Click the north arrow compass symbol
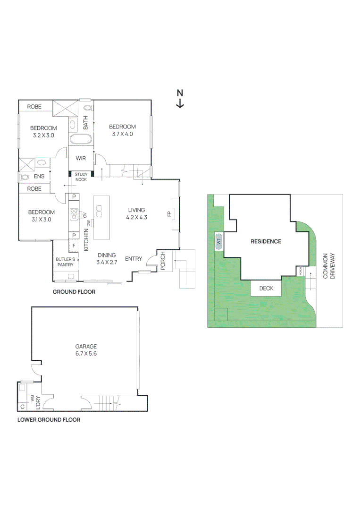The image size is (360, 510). tap(180, 99)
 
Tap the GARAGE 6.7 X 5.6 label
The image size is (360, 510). tap(85, 349)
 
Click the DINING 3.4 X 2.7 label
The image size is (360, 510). tap(107, 258)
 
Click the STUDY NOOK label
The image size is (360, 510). tap(81, 177)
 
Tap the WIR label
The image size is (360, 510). tap(80, 158)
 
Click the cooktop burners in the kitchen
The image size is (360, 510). tap(75, 214)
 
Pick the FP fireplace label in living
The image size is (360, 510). tap(169, 214)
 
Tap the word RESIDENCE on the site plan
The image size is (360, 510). tap(266, 241)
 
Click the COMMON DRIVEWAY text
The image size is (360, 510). tap(328, 266)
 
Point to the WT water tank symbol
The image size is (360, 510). tap(218, 241)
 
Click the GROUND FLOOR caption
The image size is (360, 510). tap(74, 292)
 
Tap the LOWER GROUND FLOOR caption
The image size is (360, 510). tap(49, 419)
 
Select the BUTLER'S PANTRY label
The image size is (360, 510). tap(65, 262)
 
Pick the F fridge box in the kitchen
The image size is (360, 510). tap(74, 246)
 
